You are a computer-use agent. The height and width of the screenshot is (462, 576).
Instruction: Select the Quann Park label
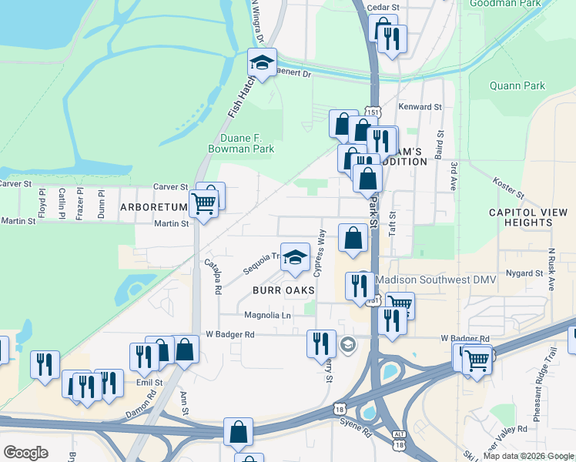click(517, 85)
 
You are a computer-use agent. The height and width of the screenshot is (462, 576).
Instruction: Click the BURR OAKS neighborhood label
click(283, 290)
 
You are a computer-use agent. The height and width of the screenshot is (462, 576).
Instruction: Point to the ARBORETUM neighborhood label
click(154, 207)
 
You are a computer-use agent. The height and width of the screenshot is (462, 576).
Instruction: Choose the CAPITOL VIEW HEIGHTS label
click(528, 217)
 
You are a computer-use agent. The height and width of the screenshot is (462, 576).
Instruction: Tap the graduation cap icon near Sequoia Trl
click(294, 258)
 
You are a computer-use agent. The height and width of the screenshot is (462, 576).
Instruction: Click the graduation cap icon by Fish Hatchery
click(262, 64)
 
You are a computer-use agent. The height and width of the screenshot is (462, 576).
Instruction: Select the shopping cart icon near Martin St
click(203, 204)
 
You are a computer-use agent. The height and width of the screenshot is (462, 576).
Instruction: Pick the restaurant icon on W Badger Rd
click(321, 343)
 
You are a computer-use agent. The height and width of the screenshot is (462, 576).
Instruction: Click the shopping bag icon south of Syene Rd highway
click(239, 432)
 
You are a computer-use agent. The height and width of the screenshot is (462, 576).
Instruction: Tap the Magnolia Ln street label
click(268, 316)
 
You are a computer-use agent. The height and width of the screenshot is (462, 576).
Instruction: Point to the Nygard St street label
click(525, 273)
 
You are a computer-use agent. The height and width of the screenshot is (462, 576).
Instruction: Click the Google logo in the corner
click(26, 453)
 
